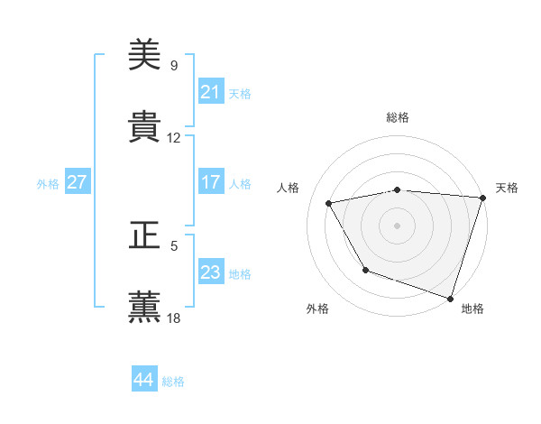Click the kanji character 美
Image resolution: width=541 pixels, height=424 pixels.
click(144, 55)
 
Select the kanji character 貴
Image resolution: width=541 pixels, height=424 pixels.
click(144, 127)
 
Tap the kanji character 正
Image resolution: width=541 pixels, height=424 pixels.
click(144, 236)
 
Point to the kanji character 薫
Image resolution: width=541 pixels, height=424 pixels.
click(144, 308)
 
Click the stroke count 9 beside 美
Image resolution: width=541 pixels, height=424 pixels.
click(173, 66)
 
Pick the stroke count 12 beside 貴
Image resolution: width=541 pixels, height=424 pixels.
click(174, 138)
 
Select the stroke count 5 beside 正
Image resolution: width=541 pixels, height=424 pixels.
click(173, 245)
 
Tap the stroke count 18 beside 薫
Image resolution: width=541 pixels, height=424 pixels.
click(174, 318)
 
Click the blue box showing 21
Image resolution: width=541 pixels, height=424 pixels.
click(210, 92)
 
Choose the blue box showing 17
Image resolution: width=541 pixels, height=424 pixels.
click(210, 182)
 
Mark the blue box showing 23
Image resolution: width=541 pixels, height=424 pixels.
click(210, 272)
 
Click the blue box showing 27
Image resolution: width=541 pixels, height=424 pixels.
click(77, 182)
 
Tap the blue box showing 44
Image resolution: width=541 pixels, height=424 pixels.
click(143, 380)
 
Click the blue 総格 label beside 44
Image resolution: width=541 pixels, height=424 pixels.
click(174, 382)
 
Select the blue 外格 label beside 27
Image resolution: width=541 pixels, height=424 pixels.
click(48, 183)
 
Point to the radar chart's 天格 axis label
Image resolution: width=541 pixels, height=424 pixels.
click(507, 188)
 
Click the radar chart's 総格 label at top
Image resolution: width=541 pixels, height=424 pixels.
click(397, 117)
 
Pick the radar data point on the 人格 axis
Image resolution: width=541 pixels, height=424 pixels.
click(329, 203)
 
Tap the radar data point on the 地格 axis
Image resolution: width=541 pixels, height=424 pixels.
click(450, 297)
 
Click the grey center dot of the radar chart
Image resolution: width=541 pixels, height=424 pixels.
click(397, 225)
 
